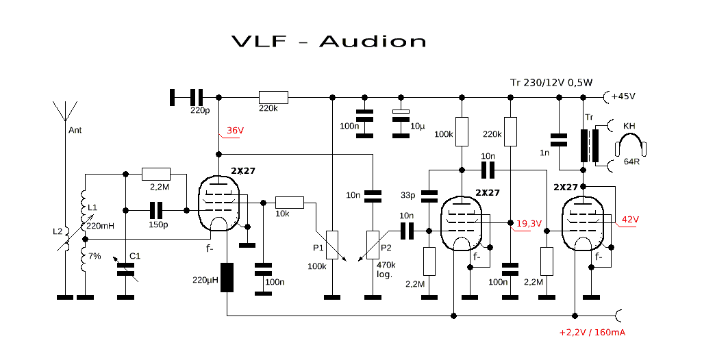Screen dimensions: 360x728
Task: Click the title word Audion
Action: (373, 41)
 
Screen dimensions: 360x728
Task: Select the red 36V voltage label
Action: (236, 131)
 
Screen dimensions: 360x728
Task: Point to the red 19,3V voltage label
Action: (529, 223)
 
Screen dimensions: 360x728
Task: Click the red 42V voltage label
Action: (630, 219)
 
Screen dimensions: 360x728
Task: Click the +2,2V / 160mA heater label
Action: (592, 333)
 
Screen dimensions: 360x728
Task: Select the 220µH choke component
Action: (227, 278)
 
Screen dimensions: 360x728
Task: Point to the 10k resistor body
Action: (289, 203)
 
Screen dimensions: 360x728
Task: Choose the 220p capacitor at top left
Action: (197, 97)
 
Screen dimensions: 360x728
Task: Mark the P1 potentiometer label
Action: (318, 248)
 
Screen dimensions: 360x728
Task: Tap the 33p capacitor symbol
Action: (429, 196)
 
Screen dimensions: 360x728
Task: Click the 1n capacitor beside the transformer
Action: (560, 140)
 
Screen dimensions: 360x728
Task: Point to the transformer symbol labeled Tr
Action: (586, 145)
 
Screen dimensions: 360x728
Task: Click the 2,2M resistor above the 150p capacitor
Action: (155, 173)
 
